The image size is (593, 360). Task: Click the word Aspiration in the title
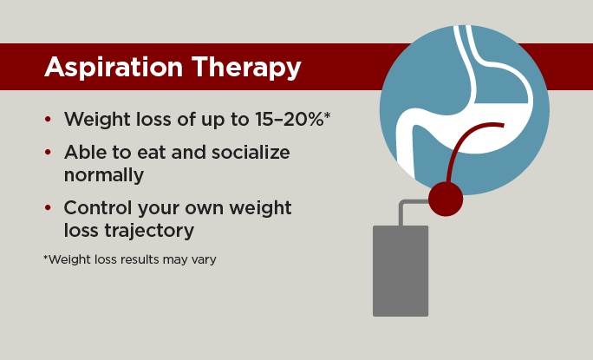tap(114, 68)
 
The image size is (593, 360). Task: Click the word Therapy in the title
tap(246, 68)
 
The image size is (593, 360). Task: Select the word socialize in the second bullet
tap(251, 152)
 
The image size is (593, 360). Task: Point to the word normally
tap(104, 175)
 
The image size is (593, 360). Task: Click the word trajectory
tap(149, 231)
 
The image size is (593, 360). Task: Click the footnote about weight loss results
tap(130, 259)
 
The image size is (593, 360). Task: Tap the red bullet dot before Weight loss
tap(48, 119)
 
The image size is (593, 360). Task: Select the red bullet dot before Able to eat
tap(48, 152)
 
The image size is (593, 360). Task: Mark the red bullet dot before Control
tap(48, 208)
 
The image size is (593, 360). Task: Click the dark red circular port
tap(446, 199)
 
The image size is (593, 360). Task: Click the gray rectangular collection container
tap(401, 271)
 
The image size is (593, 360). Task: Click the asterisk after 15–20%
tap(328, 115)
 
